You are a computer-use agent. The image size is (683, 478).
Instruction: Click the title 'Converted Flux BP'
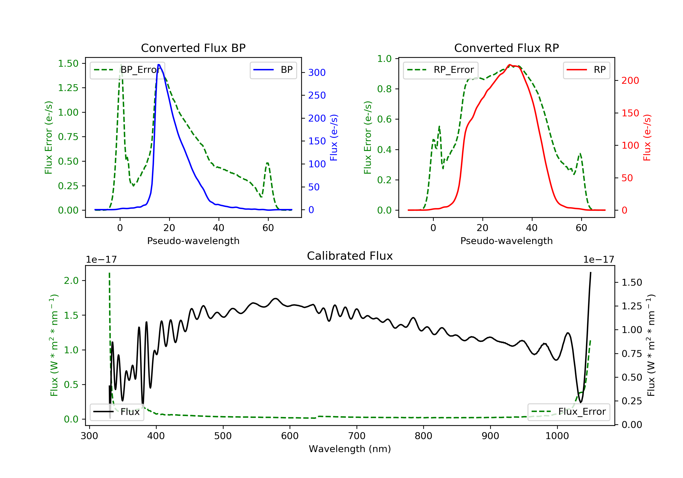(x=193, y=48)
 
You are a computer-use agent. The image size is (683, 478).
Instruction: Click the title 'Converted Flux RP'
(x=507, y=48)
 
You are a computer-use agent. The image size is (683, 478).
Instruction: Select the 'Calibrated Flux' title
(x=350, y=256)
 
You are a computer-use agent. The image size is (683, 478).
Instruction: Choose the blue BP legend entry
(x=273, y=70)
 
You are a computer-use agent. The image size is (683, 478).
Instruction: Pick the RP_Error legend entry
(x=441, y=70)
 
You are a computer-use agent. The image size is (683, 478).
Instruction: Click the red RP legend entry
(x=586, y=70)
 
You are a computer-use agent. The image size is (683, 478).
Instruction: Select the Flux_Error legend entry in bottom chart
(x=568, y=412)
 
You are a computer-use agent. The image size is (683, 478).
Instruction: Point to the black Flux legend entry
(x=117, y=412)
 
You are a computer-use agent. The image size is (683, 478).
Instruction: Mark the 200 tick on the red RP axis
(x=630, y=80)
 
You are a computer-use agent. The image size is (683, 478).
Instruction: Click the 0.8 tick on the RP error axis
(x=384, y=89)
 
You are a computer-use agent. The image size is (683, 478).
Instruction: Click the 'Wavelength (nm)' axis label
(x=350, y=449)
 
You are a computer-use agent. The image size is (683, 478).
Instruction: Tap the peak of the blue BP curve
(x=159, y=65)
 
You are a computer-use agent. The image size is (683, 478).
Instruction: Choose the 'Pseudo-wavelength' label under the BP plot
(x=193, y=241)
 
